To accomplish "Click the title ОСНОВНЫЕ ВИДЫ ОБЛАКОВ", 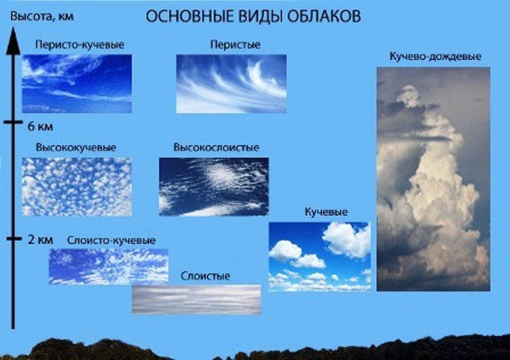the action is [253, 16].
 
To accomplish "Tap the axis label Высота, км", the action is [42, 16].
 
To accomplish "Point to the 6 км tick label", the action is [40, 127].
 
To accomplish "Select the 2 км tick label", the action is [40, 240].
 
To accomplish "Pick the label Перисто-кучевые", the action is [80, 45].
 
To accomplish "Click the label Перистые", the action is [235, 45].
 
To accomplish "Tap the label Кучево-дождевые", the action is [435, 56].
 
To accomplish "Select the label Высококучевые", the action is [76, 148].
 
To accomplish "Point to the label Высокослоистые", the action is [216, 148].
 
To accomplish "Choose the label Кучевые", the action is [327, 212].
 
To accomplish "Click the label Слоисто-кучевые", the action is [111, 241].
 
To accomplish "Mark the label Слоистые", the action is [205, 276].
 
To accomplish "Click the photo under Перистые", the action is [231, 84].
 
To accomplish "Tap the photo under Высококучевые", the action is [77, 187].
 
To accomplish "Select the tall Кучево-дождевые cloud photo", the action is [433, 179].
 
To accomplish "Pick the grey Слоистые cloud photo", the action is [196, 299].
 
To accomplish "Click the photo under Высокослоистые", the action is [214, 187].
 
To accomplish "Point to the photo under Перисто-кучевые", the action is [77, 84].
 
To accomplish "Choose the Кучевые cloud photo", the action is [320, 257].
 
